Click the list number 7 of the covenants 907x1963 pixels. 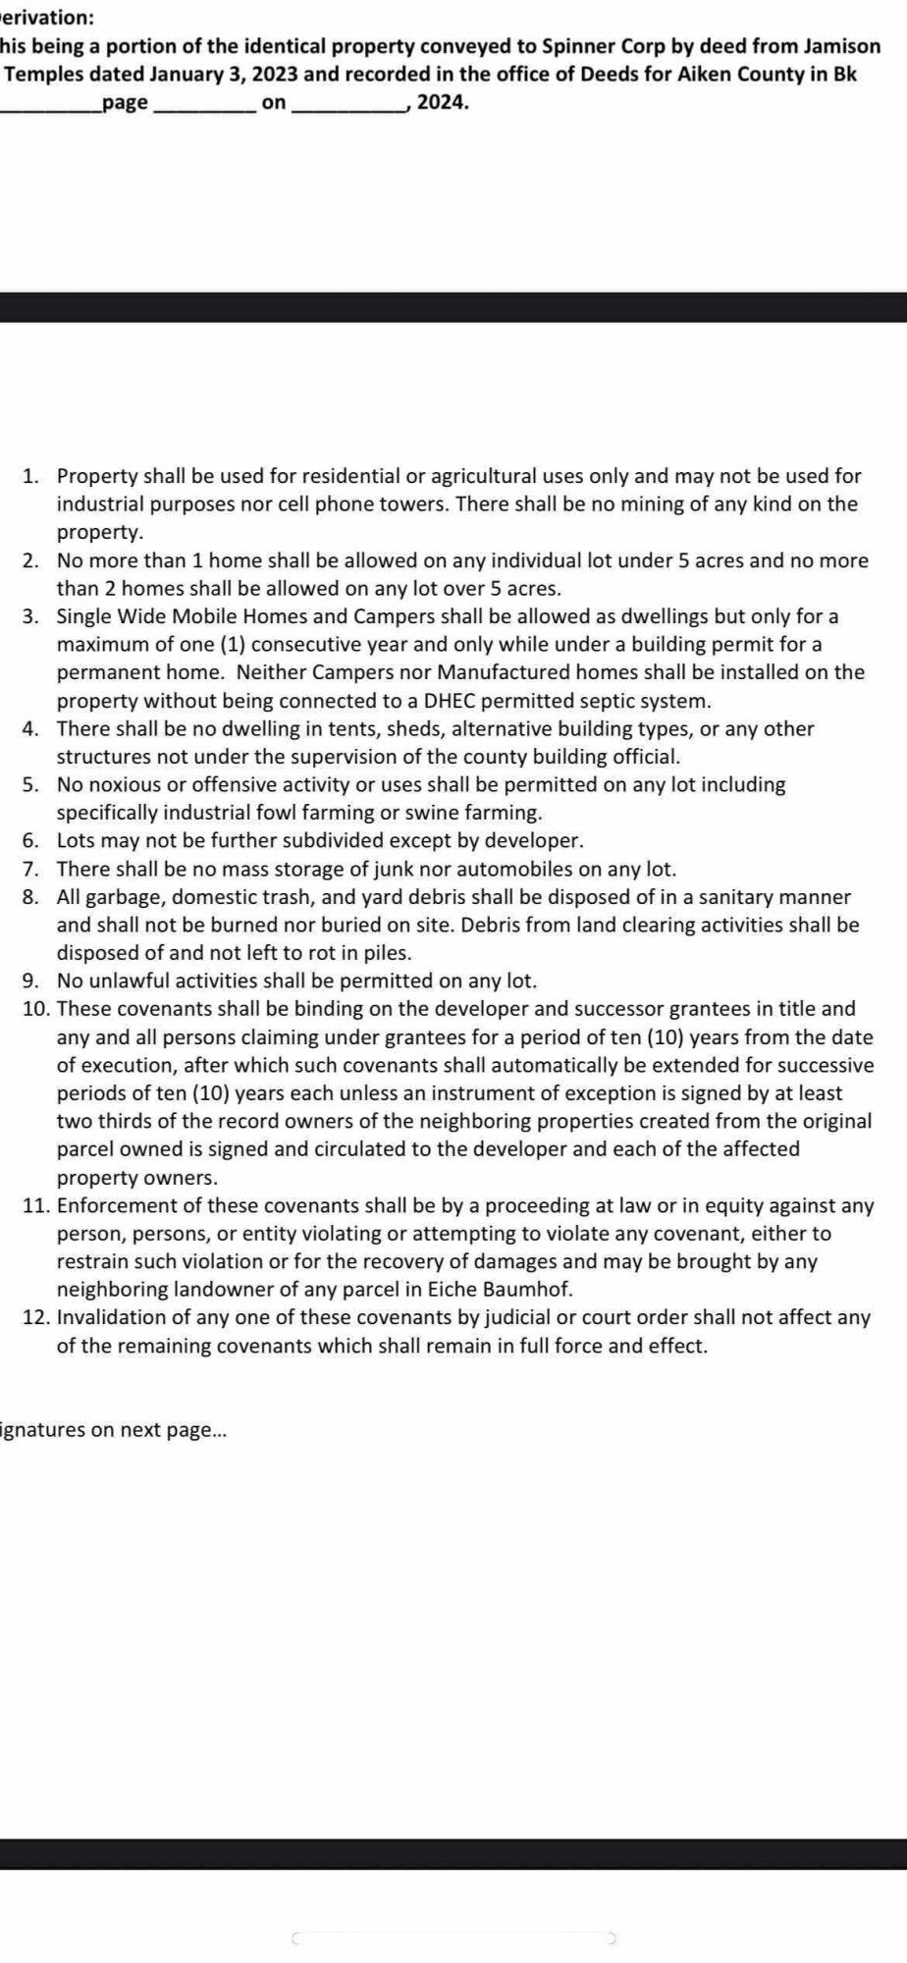(30, 870)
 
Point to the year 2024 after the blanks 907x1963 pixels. (444, 102)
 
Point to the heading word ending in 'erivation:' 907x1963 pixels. (47, 18)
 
